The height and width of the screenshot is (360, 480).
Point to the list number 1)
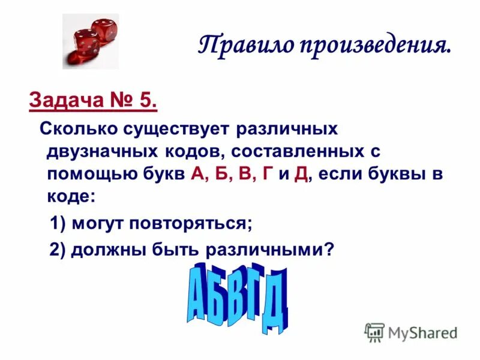[x=58, y=224]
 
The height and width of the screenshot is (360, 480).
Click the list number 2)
[x=58, y=250]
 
